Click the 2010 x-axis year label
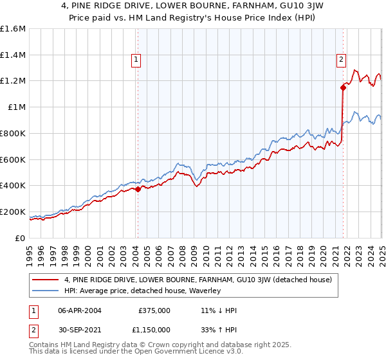click(x=206, y=250)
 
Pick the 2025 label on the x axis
click(x=381, y=250)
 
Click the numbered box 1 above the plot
click(x=136, y=60)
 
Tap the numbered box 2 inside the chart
click(x=340, y=60)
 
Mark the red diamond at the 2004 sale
click(x=138, y=189)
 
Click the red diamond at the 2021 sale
click(x=343, y=87)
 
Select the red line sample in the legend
click(x=46, y=280)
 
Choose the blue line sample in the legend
click(x=46, y=291)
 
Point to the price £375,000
click(x=154, y=310)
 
